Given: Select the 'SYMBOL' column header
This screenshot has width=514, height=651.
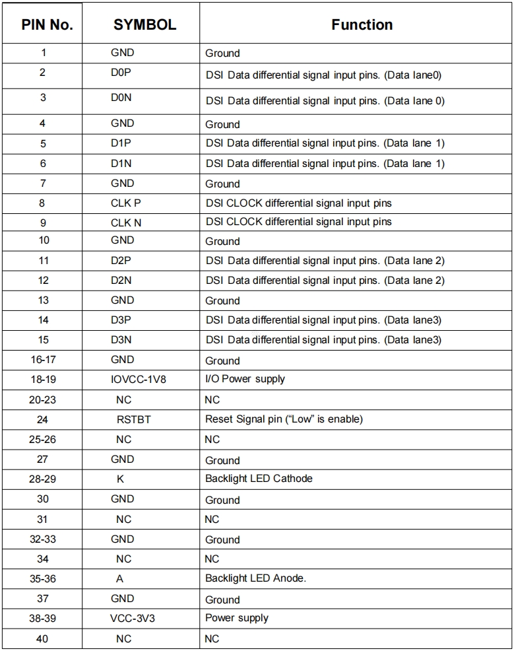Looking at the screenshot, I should point(145,25).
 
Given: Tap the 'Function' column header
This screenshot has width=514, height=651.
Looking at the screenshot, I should point(362,25).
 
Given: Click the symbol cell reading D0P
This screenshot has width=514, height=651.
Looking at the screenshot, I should point(121,73).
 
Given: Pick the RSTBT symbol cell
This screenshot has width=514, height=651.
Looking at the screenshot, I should point(133,419).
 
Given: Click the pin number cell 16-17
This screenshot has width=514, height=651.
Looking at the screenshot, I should point(43,360).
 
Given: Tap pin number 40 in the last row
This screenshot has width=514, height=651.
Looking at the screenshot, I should point(42,638).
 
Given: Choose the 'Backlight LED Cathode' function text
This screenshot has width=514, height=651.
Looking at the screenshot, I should point(259,478).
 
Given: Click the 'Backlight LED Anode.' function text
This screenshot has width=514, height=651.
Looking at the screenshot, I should point(255,578).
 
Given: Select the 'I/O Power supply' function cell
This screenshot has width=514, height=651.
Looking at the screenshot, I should point(245,379).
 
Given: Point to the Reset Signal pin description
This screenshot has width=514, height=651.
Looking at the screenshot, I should point(284,419).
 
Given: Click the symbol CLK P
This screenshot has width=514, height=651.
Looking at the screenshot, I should point(125,203).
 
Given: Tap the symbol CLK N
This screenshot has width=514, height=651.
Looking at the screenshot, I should point(125,223).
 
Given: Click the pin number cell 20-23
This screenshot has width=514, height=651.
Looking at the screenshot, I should point(43,399).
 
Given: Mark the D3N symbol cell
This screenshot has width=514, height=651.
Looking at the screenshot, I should point(121,340).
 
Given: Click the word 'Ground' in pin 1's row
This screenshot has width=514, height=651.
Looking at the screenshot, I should point(222,53).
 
